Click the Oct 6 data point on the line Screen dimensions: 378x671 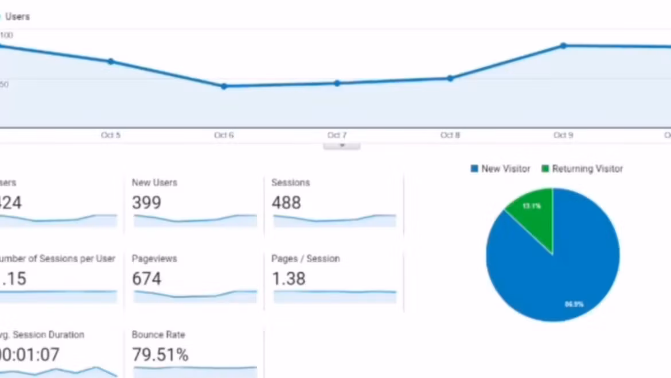[224, 86]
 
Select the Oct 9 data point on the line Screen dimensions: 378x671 [563, 45]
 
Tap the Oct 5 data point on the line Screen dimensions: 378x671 [111, 61]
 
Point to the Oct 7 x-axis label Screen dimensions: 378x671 [337, 135]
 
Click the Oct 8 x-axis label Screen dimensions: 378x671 [450, 135]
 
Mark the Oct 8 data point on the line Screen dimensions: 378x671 [450, 78]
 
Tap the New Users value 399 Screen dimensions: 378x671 [146, 203]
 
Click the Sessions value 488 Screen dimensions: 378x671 [286, 203]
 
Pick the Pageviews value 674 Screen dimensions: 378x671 [146, 279]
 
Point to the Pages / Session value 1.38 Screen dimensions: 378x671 [288, 279]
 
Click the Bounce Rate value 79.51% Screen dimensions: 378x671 [160, 355]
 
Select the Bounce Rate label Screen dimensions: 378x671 [158, 335]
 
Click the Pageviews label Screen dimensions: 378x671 [154, 259]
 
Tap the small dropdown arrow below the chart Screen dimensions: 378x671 [342, 146]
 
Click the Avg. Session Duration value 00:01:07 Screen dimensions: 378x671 [29, 355]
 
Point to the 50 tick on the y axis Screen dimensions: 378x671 [4, 84]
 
